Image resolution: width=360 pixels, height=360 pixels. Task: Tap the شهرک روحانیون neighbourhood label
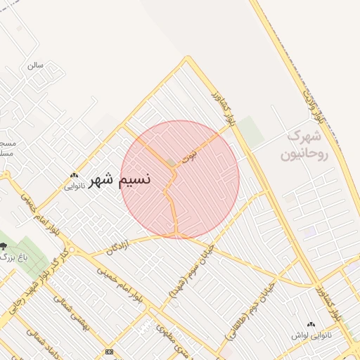tap(304, 145)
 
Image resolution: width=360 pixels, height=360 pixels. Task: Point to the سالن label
tap(35, 65)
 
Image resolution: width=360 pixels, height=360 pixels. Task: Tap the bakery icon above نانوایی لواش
tap(311, 324)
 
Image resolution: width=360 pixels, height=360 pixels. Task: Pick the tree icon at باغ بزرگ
tap(4, 246)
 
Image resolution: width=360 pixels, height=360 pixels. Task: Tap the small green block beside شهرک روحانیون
tap(249, 131)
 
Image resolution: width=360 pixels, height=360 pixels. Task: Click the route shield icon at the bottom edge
tap(109, 351)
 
